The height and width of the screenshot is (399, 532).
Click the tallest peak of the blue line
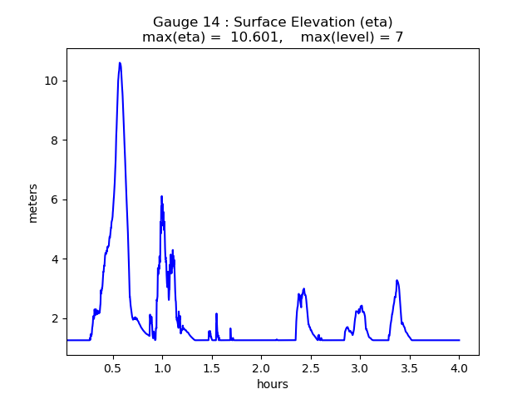(x=120, y=63)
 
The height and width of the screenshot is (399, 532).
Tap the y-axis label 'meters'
(x=33, y=202)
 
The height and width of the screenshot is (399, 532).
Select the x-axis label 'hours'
(x=273, y=384)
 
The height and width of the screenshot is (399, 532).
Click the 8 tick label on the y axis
(x=55, y=140)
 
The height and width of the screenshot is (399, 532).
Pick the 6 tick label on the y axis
(x=55, y=199)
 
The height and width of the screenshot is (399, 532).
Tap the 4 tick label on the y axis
(x=55, y=259)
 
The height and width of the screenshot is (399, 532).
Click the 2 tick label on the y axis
(x=55, y=318)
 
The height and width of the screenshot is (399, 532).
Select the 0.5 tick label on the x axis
(x=112, y=367)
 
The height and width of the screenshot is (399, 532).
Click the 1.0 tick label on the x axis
(x=162, y=367)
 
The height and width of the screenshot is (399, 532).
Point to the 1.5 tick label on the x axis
(x=212, y=367)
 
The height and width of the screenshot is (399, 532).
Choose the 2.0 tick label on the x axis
(x=261, y=367)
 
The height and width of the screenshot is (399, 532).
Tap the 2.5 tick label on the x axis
(x=311, y=367)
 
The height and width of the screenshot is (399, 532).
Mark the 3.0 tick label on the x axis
(x=360, y=367)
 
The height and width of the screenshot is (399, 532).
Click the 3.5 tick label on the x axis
(x=410, y=367)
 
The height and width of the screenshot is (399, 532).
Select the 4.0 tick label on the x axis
(x=460, y=367)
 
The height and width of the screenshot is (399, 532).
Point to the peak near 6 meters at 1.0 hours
(x=161, y=196)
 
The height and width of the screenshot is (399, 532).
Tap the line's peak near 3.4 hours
(x=397, y=280)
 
